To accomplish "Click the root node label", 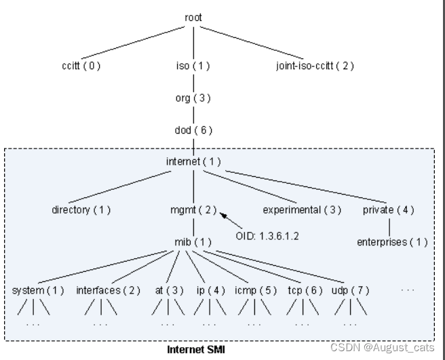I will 193,17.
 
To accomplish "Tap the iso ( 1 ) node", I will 193,66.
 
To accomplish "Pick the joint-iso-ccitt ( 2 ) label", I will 315,66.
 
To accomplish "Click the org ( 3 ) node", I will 193,98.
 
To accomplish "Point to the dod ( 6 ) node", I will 193,131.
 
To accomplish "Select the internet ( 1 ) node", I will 193,162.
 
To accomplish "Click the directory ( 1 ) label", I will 81,210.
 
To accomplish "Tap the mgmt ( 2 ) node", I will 193,210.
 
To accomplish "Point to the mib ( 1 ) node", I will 193,242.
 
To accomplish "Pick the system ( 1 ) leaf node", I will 38,291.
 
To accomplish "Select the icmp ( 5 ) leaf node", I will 256,291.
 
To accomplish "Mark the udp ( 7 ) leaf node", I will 351,291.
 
